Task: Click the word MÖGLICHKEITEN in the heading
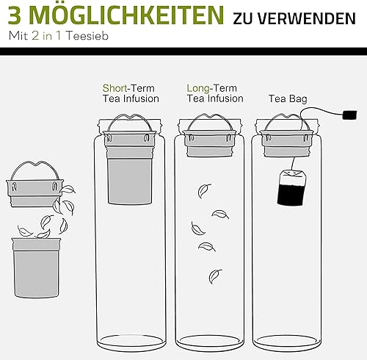tap(128, 15)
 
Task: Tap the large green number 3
tap(15, 15)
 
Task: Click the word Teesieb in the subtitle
tap(87, 36)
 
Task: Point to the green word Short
tap(115, 88)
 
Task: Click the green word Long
tap(198, 89)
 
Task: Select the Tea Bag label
tap(288, 98)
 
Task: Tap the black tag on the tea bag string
tap(350, 115)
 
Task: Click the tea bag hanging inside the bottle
tap(292, 187)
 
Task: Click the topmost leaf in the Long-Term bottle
tap(204, 190)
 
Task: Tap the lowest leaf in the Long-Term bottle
tap(215, 276)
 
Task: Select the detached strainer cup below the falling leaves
tap(36, 267)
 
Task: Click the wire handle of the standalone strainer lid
tap(34, 165)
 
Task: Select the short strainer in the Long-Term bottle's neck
tap(209, 143)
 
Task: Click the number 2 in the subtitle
tap(35, 36)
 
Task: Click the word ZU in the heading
tap(242, 18)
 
